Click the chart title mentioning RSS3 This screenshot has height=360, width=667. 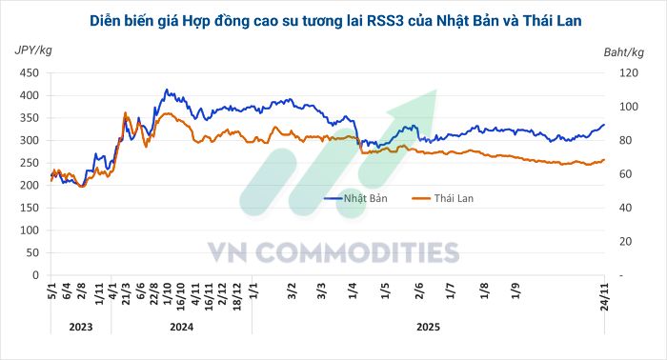(x=333, y=20)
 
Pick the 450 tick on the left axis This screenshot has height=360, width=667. (x=30, y=73)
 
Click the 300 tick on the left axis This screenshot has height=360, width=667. (x=30, y=141)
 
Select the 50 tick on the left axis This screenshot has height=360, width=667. (x=32, y=253)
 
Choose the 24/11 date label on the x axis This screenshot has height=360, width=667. (x=602, y=292)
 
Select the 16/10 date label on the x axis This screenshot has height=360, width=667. (x=180, y=292)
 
